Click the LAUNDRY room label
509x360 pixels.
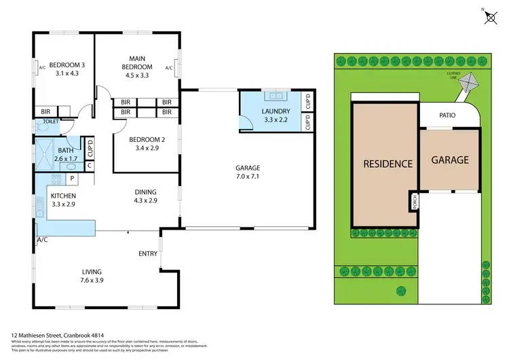276,111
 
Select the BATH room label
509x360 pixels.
66,151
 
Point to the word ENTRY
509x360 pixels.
148,253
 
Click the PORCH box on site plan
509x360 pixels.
413,202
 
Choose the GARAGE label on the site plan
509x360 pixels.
450,160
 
